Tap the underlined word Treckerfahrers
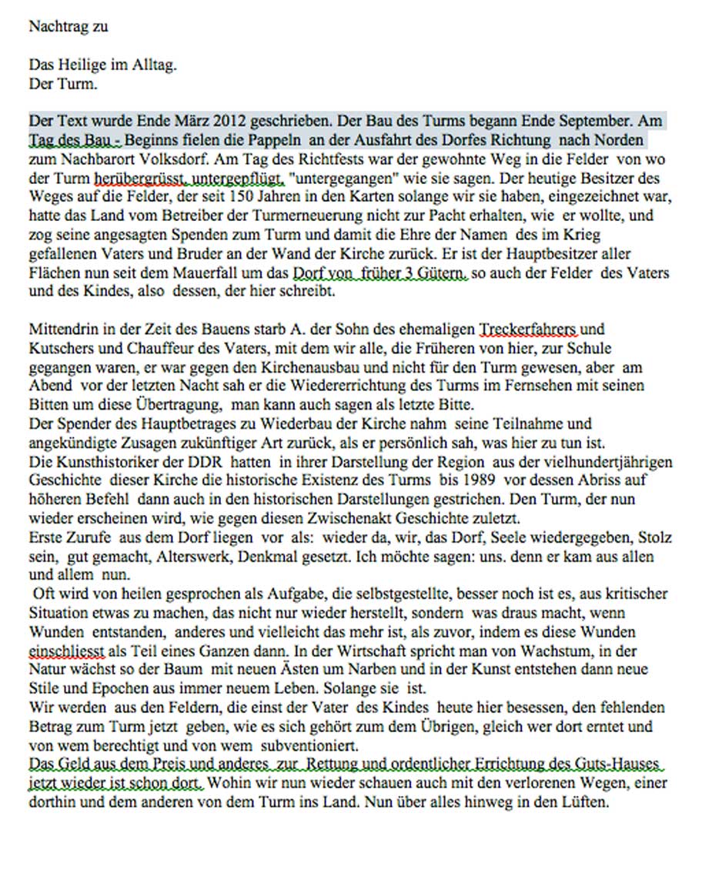click(529, 329)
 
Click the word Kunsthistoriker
click(100, 462)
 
